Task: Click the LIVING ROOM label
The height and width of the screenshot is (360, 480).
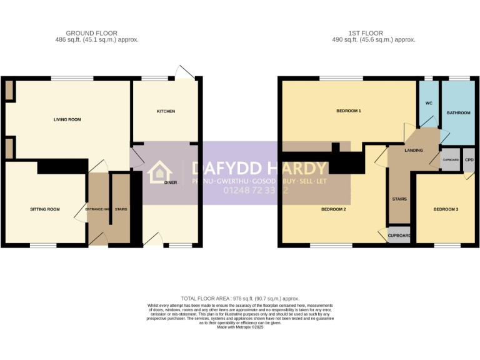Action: pyautogui.click(x=67, y=119)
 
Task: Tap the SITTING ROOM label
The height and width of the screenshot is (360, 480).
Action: pyautogui.click(x=45, y=209)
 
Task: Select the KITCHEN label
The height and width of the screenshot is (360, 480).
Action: pyautogui.click(x=166, y=111)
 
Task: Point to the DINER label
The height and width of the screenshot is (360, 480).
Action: pyautogui.click(x=171, y=182)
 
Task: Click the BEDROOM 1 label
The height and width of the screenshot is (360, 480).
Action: pyautogui.click(x=349, y=111)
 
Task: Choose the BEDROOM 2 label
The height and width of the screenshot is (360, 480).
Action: pyautogui.click(x=333, y=209)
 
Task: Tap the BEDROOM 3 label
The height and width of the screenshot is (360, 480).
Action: pyautogui.click(x=446, y=209)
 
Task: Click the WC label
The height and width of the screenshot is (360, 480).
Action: pyautogui.click(x=429, y=103)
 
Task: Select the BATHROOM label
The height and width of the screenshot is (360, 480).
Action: pyautogui.click(x=458, y=112)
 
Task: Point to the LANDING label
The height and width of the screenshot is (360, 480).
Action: pyautogui.click(x=414, y=150)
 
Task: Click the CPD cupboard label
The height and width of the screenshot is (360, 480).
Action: pyautogui.click(x=469, y=159)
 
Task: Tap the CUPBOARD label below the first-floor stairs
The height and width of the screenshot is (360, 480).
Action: pyautogui.click(x=399, y=236)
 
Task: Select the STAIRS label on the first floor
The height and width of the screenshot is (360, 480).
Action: pyautogui.click(x=399, y=199)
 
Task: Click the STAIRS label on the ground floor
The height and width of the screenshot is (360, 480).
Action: pyautogui.click(x=121, y=209)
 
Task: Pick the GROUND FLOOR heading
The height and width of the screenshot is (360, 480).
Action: pyautogui.click(x=91, y=33)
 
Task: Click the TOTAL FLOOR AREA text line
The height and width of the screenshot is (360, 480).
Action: pyautogui.click(x=240, y=299)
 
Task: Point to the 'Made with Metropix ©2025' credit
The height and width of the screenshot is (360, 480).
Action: pyautogui.click(x=240, y=327)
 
